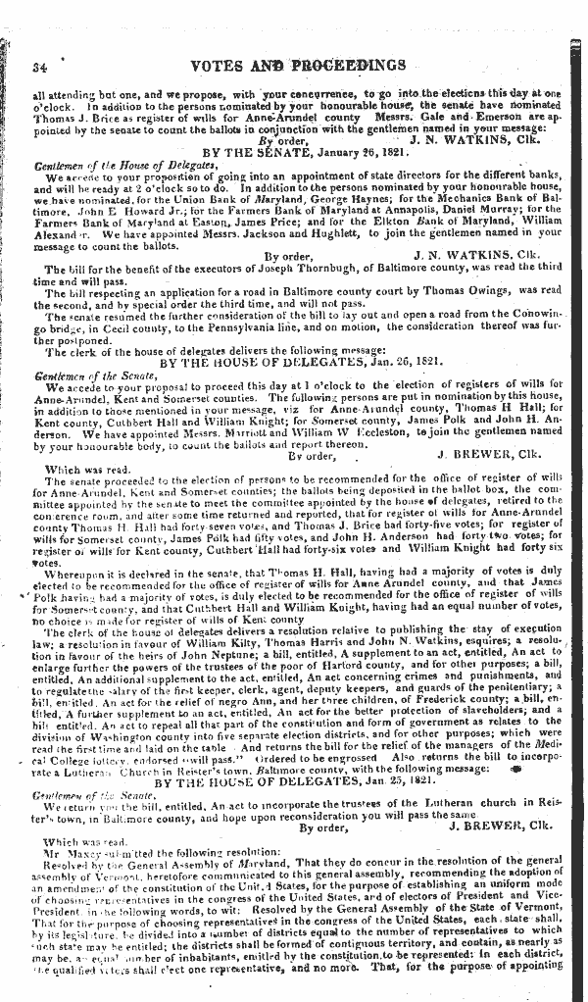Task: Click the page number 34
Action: [40, 66]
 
